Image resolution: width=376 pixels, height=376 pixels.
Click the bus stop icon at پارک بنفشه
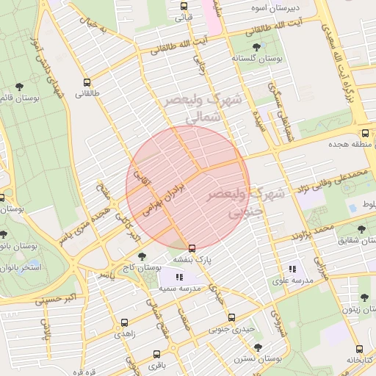pyautogui.click(x=192, y=247)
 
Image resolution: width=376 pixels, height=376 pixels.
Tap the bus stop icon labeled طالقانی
pyautogui.click(x=87, y=82)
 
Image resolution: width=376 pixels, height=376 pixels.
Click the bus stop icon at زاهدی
pyautogui.click(x=123, y=322)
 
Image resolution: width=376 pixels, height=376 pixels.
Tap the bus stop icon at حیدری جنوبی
pyautogui.click(x=232, y=317)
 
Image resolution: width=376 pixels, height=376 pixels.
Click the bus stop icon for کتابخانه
pyautogui.click(x=359, y=349)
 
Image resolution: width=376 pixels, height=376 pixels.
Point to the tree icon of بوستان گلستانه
pyautogui.click(x=256, y=46)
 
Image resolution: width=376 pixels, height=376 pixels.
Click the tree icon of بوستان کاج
pyautogui.click(x=142, y=256)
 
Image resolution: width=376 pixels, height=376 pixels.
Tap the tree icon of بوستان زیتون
pyautogui.click(x=364, y=297)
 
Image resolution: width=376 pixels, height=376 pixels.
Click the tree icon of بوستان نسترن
pyautogui.click(x=257, y=347)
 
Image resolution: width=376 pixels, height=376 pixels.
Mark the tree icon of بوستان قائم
pyautogui.click(x=20, y=86)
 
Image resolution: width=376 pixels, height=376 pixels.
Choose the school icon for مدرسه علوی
pyautogui.click(x=292, y=269)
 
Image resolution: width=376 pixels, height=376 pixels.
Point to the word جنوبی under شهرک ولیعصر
pyautogui.click(x=235, y=212)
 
